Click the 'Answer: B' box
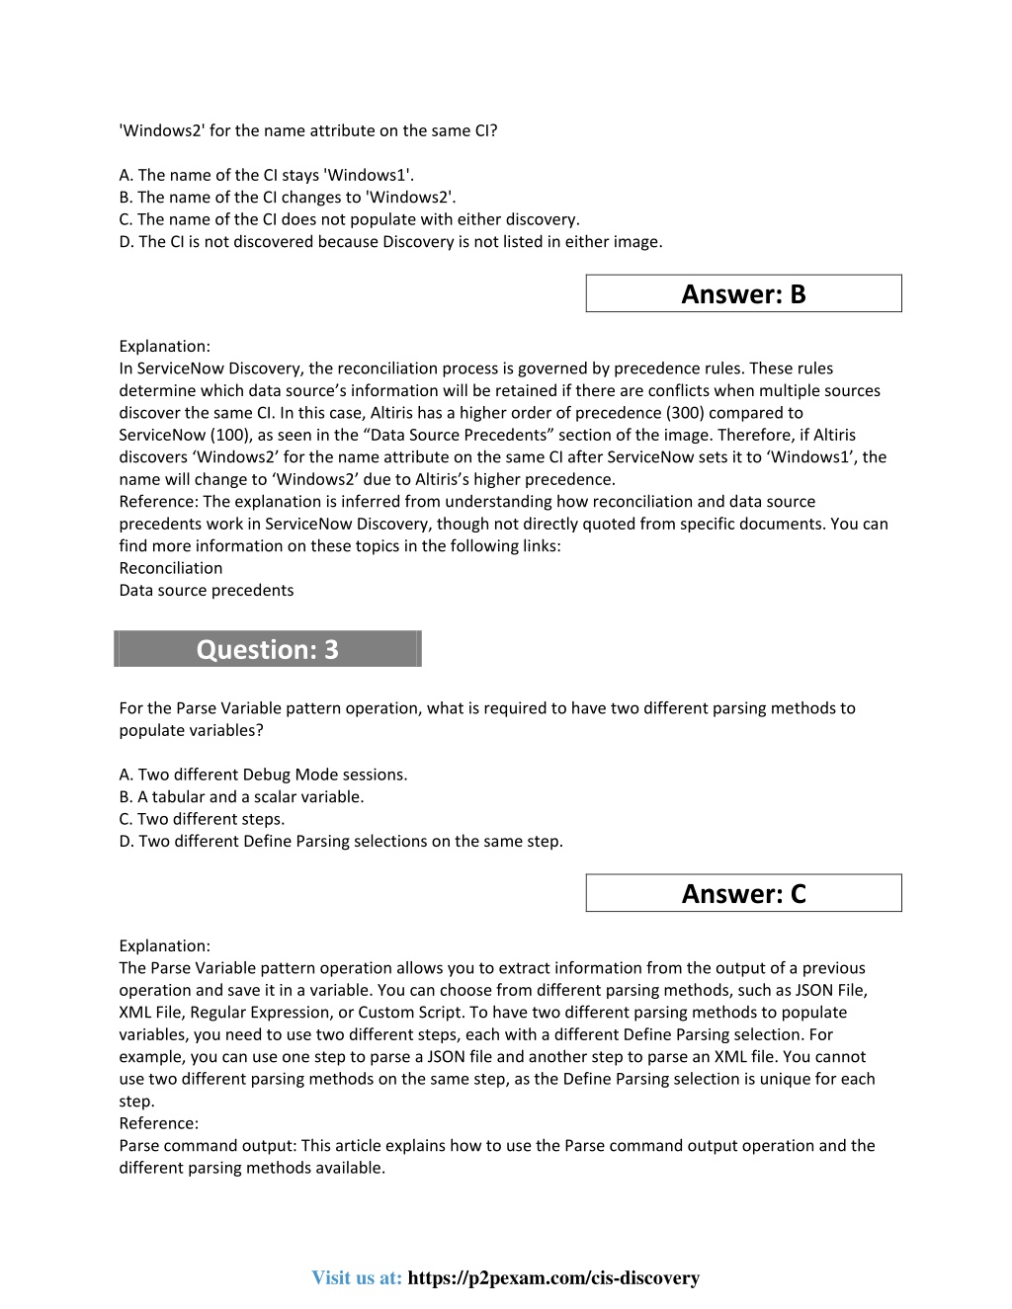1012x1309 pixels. (743, 294)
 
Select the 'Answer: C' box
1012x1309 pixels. (743, 894)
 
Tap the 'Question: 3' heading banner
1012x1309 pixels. (268, 649)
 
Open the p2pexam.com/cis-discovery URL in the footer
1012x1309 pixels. (553, 1278)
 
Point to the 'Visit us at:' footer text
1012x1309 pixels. (357, 1278)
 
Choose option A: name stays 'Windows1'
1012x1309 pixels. (267, 175)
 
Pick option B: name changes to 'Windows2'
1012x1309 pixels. (288, 198)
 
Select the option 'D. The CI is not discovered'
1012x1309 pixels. (390, 242)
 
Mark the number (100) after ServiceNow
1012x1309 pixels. (231, 435)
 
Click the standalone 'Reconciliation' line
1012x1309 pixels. (171, 568)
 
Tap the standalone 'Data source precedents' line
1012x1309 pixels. (207, 591)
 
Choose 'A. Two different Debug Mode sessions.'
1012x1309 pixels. (263, 775)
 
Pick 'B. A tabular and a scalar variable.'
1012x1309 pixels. (241, 797)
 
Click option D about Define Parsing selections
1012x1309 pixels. (341, 842)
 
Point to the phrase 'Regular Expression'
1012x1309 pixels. (260, 1013)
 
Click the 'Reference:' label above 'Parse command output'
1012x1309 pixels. (159, 1123)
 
